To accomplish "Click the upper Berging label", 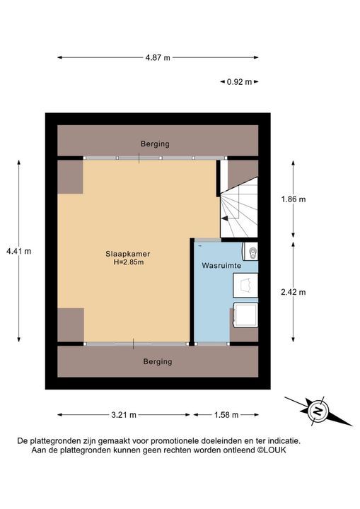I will (x=155, y=144).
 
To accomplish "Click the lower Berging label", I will (x=157, y=361).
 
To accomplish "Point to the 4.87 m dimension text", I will (x=157, y=58).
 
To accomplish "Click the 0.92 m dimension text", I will (x=239, y=82).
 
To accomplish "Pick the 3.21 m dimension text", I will (x=123, y=415).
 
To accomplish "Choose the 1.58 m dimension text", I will (x=226, y=415).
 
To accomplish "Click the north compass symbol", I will (x=318, y=411).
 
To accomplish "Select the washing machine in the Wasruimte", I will (x=245, y=315).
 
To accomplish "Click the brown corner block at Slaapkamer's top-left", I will (x=70, y=176).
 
